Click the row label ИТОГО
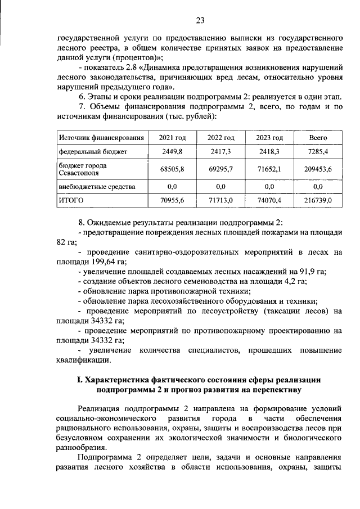[71, 200]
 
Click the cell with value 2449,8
[172, 152]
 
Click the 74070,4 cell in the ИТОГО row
[269, 200]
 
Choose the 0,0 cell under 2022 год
[220, 186]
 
